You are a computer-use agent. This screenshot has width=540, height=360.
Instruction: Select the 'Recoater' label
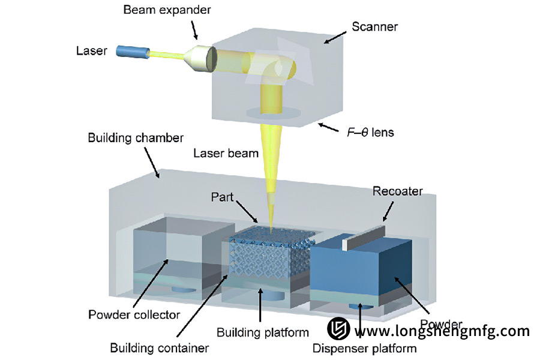click(x=398, y=191)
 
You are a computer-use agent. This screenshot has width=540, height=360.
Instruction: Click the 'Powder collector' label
click(x=134, y=314)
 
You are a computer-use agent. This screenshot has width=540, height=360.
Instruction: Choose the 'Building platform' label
click(x=262, y=332)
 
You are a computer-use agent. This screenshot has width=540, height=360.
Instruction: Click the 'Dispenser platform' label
click(x=365, y=347)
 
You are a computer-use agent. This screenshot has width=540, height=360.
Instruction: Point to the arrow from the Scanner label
click(x=334, y=37)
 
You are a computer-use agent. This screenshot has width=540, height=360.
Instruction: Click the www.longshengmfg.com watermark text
click(x=446, y=331)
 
